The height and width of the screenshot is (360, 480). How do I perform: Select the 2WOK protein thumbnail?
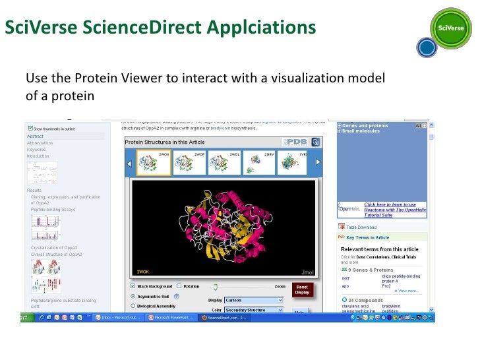click(153, 163)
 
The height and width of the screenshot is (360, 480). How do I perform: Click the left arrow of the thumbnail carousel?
click(130, 163)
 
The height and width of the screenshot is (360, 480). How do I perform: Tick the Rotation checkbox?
click(179, 286)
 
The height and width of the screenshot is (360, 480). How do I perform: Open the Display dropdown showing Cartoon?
click(254, 300)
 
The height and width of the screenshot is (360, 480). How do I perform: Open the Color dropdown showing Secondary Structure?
click(254, 309)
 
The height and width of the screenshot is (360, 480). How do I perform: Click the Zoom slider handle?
click(215, 286)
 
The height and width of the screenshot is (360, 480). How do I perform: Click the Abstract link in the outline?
click(36, 136)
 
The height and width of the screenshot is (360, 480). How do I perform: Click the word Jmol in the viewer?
click(307, 272)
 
